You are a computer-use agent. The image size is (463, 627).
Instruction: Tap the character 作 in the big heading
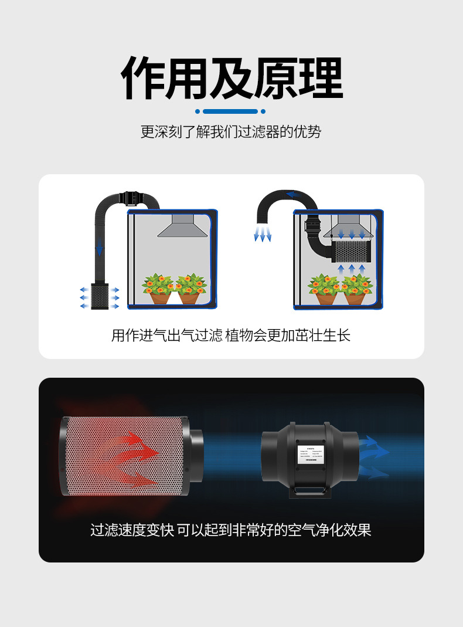point(143,78)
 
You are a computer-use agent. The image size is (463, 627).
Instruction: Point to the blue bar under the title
point(230,111)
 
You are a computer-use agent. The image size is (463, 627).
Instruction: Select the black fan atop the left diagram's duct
point(132,198)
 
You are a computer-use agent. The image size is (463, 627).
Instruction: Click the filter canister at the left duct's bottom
point(100,296)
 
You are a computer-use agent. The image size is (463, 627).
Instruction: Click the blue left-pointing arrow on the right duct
point(290,195)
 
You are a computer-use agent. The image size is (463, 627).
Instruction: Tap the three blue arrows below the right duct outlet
point(262,235)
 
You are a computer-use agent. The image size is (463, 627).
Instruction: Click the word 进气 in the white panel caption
point(154,335)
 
